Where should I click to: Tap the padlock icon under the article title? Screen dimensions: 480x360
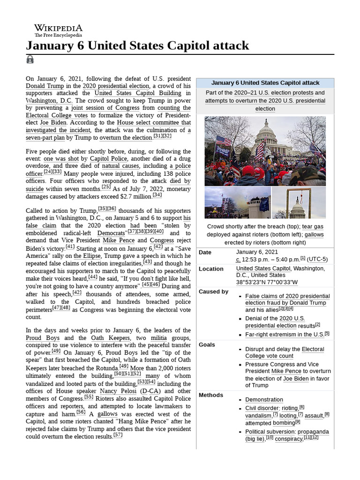30,59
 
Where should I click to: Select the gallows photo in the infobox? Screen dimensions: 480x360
298,202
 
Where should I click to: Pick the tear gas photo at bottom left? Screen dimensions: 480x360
237,202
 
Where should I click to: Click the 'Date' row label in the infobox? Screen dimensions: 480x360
205,252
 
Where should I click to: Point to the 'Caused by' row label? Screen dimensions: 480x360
213,292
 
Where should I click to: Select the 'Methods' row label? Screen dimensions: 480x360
210,395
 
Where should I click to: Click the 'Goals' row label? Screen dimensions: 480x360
207,345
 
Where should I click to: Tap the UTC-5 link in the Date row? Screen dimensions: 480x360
317,259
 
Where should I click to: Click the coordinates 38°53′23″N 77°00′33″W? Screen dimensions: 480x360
267,282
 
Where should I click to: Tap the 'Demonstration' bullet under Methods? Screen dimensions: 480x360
264,400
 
